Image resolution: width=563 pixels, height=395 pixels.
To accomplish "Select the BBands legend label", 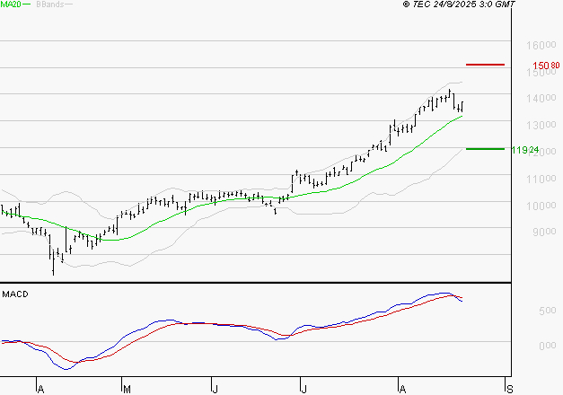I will (48, 5).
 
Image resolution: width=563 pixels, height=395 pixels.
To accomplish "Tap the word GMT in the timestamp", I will (506, 5).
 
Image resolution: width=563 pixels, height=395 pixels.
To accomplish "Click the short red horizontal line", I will (485, 65).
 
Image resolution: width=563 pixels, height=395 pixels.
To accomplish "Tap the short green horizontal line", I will (485, 149).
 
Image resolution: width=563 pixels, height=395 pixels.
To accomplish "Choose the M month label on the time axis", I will (127, 388).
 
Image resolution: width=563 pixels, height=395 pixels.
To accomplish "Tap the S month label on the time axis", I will (510, 388).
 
